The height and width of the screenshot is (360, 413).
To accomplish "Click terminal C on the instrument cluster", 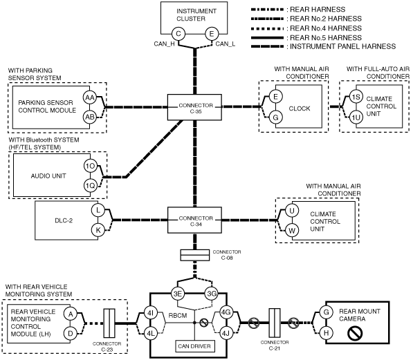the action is click(x=178, y=34).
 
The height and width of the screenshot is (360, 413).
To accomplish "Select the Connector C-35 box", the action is click(x=194, y=107).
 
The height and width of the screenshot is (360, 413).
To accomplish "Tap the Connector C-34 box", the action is click(x=194, y=220).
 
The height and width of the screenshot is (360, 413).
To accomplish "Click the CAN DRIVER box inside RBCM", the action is click(x=195, y=346).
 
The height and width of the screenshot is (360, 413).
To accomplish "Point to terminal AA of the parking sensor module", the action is click(x=90, y=97).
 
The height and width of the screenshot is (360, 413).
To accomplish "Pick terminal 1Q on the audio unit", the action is click(x=91, y=186).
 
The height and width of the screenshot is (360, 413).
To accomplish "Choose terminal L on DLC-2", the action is click(x=98, y=210).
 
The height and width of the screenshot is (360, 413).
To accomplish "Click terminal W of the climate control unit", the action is click(x=292, y=231).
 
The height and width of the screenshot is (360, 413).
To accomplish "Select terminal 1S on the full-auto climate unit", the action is click(x=356, y=97).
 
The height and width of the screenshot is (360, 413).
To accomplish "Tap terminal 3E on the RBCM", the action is click(x=178, y=294).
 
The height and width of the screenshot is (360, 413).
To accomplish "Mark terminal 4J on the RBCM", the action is click(x=226, y=334).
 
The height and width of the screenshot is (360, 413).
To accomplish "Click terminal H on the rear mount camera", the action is click(x=326, y=333).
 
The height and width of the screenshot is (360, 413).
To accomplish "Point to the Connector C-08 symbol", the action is click(x=195, y=255).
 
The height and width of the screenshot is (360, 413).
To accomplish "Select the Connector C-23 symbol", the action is click(x=109, y=323).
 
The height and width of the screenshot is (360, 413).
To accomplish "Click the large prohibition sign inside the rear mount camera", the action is click(x=355, y=333).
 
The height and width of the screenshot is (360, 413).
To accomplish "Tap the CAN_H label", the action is click(x=165, y=44).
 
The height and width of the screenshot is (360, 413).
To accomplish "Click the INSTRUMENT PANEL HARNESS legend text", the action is click(x=342, y=46).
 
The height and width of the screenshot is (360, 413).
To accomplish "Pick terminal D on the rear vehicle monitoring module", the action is click(x=71, y=334).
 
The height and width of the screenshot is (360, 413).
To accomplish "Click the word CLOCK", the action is click(x=300, y=108).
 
